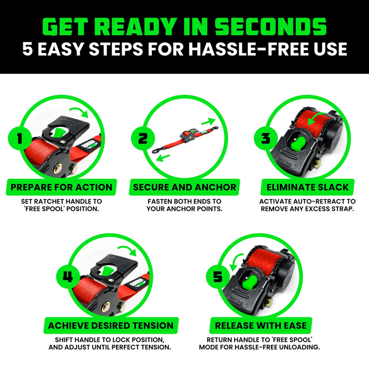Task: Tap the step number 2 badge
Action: (143, 139)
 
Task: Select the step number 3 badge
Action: (266, 139)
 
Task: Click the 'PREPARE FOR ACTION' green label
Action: (62, 187)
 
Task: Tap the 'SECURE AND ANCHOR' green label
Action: (184, 187)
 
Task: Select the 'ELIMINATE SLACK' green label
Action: (307, 187)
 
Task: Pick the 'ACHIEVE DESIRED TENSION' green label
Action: (110, 325)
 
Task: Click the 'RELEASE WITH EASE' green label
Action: (260, 325)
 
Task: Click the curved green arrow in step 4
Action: (125, 248)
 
